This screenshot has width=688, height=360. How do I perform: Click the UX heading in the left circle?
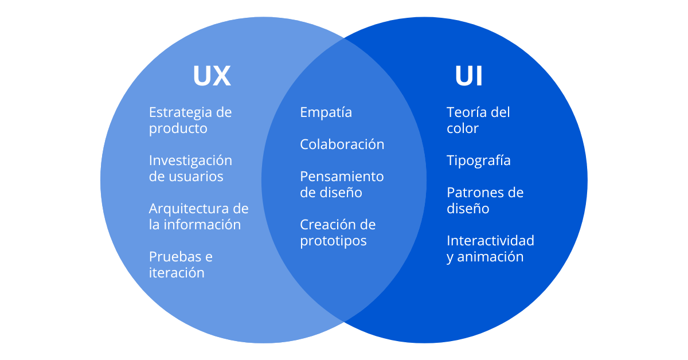point(212,76)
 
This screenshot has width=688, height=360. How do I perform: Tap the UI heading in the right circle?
point(468,76)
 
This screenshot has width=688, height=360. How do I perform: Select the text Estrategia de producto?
point(190,120)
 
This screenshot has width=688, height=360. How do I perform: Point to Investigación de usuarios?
point(190,169)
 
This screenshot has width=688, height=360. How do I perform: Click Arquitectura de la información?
point(198,217)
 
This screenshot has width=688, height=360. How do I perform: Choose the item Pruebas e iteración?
point(180,265)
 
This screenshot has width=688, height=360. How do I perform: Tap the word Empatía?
point(326,113)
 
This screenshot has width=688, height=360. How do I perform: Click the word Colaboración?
point(342,144)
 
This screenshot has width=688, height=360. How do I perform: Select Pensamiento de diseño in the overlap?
point(342,185)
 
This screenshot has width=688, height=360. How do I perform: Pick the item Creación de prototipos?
point(338,233)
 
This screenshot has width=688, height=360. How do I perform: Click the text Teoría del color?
point(478,120)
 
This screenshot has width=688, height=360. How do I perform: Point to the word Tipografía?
point(478,161)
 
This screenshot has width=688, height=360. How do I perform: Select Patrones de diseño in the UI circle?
point(484,201)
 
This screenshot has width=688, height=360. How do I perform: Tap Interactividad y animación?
point(490,249)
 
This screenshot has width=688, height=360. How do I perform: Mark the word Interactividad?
point(490,240)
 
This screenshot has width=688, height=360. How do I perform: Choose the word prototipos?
point(333,241)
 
